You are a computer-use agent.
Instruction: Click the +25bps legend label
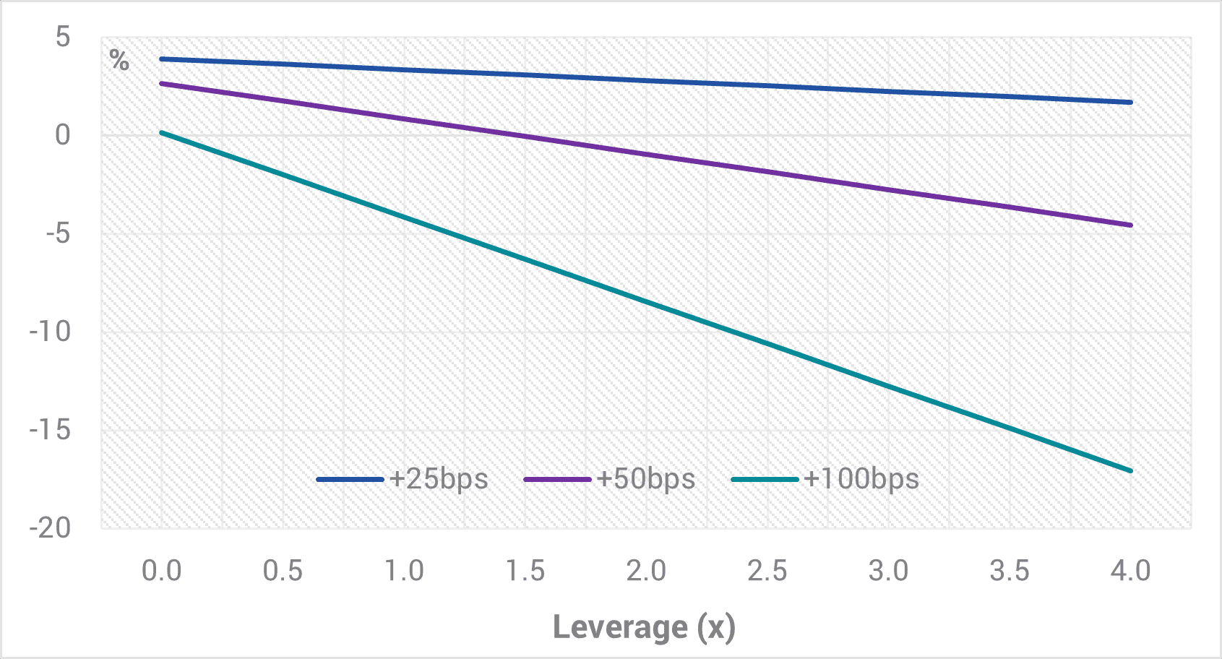439,479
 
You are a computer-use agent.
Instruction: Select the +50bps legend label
645,479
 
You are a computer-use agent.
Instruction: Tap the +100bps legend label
861,479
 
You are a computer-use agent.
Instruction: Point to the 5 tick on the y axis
64,37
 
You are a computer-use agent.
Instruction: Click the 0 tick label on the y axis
64,135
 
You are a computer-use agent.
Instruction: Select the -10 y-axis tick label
51,332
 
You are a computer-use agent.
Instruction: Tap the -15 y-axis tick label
51,430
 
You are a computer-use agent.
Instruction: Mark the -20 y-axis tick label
51,527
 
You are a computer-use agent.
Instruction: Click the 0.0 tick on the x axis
161,571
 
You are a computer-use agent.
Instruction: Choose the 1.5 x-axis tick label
525,571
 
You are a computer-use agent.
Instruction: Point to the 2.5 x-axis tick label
767,571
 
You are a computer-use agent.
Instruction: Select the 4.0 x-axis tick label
1130,571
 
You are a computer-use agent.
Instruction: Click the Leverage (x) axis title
644,627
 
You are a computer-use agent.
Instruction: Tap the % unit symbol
119,60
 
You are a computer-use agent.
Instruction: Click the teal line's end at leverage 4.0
1130,470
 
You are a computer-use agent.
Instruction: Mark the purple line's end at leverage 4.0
1130,225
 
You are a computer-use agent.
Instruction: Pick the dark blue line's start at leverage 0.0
161,59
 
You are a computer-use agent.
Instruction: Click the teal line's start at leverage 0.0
161,132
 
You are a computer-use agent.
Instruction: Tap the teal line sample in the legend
765,480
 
